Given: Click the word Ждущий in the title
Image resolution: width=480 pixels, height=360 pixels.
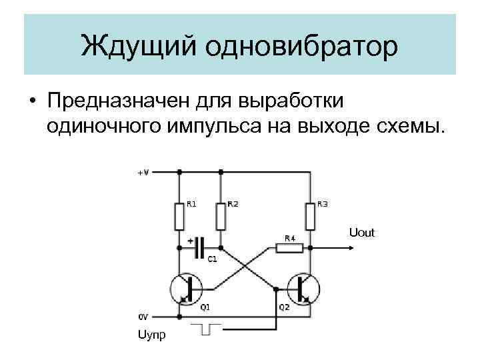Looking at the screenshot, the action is point(137,46).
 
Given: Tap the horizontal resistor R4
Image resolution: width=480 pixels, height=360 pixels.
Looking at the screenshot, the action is point(290,248).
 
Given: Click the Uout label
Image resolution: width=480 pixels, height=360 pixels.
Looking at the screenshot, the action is point(362,233).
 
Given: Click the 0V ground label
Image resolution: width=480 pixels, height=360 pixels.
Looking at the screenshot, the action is point(143,316).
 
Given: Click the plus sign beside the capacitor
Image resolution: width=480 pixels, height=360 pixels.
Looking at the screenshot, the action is point(191,240).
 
